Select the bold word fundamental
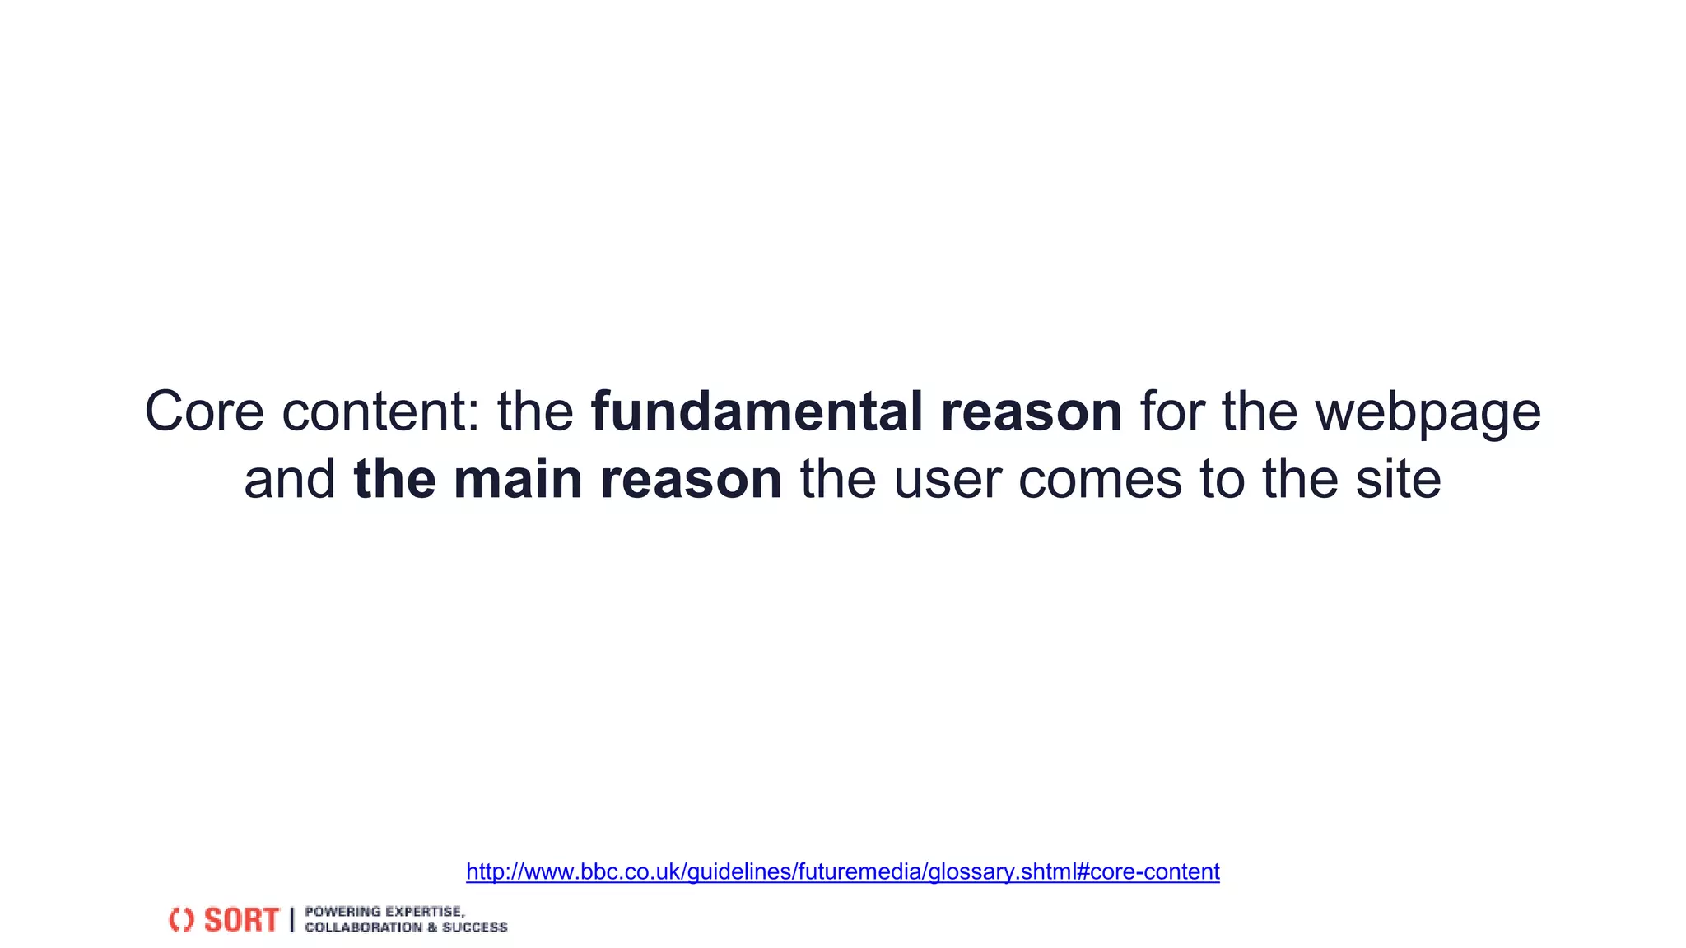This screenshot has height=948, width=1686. click(757, 411)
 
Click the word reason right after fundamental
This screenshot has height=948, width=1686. click(1032, 411)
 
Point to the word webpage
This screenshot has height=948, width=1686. click(1428, 411)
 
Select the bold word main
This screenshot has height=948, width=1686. click(518, 479)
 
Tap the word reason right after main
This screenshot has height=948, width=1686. click(691, 479)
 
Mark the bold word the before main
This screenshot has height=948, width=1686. click(394, 479)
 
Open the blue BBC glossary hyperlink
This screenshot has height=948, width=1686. click(842, 871)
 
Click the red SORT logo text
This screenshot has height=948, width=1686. click(241, 920)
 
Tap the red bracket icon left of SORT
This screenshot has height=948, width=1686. click(181, 920)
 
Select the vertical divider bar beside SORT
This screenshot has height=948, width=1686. click(291, 920)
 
